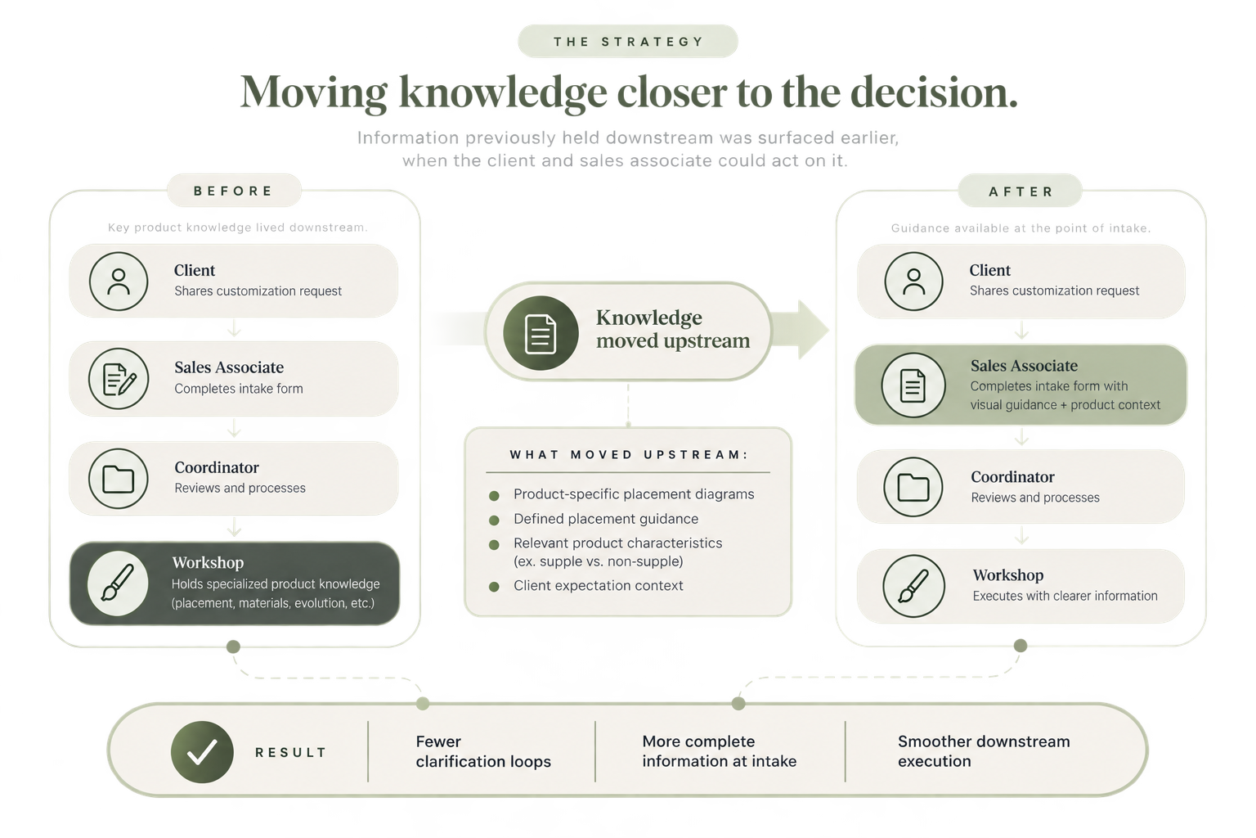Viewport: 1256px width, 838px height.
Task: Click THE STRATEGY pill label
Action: coord(628,42)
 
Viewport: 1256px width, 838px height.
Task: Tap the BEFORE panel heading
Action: coord(233,191)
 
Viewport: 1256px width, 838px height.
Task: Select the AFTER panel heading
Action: coord(1020,191)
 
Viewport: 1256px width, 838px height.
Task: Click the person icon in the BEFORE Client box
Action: coord(119,282)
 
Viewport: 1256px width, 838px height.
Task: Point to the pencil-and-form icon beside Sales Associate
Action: coord(119,378)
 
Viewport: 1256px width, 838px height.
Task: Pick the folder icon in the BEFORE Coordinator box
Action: coord(119,479)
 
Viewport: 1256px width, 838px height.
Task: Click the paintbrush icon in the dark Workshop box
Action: coord(118,583)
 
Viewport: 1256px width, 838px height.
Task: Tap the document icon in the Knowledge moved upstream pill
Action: coord(541,333)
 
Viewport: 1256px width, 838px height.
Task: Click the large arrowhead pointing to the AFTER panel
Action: coord(813,330)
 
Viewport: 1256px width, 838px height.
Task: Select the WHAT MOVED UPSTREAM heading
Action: coord(629,455)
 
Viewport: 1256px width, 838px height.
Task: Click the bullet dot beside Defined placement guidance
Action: coord(494,520)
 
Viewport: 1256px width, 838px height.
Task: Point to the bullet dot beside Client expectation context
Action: coord(494,587)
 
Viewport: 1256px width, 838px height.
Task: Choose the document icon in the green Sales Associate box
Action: coord(913,385)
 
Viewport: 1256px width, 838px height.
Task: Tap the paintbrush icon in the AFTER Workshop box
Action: coord(913,586)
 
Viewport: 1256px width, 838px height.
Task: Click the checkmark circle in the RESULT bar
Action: coord(202,752)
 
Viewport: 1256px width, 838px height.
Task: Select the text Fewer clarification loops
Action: coord(483,751)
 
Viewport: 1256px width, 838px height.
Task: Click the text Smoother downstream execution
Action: coord(984,751)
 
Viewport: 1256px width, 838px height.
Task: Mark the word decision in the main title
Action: coord(934,92)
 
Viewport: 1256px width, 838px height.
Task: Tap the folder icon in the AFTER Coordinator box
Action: coord(913,487)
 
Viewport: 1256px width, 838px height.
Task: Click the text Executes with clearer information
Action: coord(1065,596)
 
